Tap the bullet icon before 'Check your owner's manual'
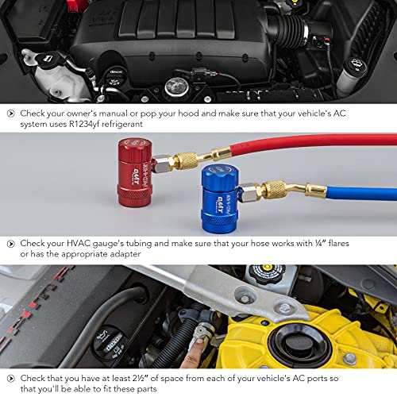point(10,114)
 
